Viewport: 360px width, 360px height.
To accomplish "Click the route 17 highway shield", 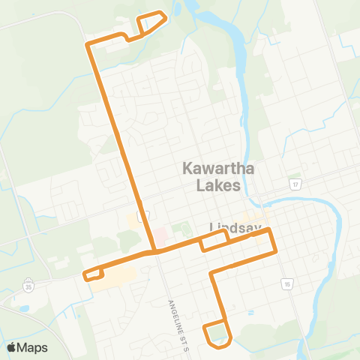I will coord(296,184).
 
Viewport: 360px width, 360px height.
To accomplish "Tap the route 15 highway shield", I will coord(286,283).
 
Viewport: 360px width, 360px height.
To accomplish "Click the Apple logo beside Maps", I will coord(12,347).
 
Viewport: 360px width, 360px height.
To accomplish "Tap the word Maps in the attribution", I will coord(33,347).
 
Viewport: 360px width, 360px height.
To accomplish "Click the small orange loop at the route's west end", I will coord(93,274).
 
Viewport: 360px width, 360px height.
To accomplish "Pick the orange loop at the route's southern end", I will coord(217,334).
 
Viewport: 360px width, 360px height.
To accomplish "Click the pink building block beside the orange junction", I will coord(159,239).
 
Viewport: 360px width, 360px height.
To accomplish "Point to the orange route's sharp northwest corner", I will coord(89,46).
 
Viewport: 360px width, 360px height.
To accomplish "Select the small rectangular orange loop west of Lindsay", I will coord(214,240).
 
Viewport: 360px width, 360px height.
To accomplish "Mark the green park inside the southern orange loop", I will coord(217,332).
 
